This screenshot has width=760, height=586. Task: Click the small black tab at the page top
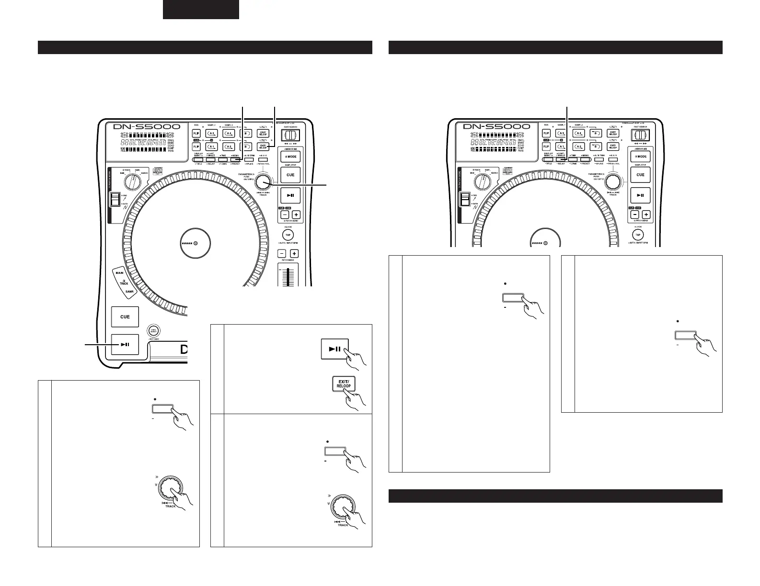201,10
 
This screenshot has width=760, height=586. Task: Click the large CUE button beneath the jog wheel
125,317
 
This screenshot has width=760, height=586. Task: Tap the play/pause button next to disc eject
125,344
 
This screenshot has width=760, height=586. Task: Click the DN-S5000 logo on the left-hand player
147,127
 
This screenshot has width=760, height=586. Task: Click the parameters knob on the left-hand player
262,182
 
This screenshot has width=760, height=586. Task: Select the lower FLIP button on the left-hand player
196,146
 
